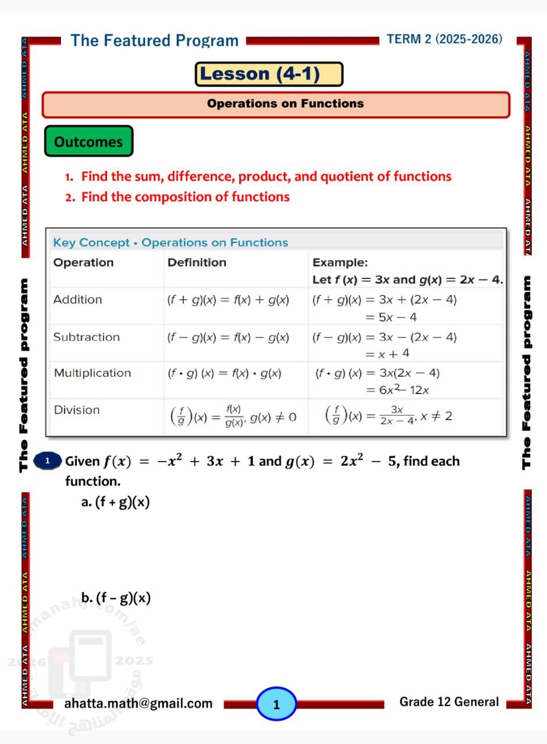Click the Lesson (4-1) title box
coord(269,74)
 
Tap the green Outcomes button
coord(88,142)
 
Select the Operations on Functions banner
coord(276,104)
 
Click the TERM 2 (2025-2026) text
coord(444,39)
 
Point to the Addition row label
coord(77,300)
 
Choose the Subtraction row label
coord(86,337)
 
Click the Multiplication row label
coord(92,373)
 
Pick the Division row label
coord(76,410)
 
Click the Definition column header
coord(197,263)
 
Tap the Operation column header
coord(83,263)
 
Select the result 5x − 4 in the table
coord(390,317)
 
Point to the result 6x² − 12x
coord(397,390)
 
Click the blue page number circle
coord(276,704)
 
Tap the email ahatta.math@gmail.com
coord(138,704)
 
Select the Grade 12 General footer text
coord(449,702)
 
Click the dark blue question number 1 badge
coord(48,461)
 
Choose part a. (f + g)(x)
coord(115,502)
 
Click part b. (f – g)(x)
coord(116,598)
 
